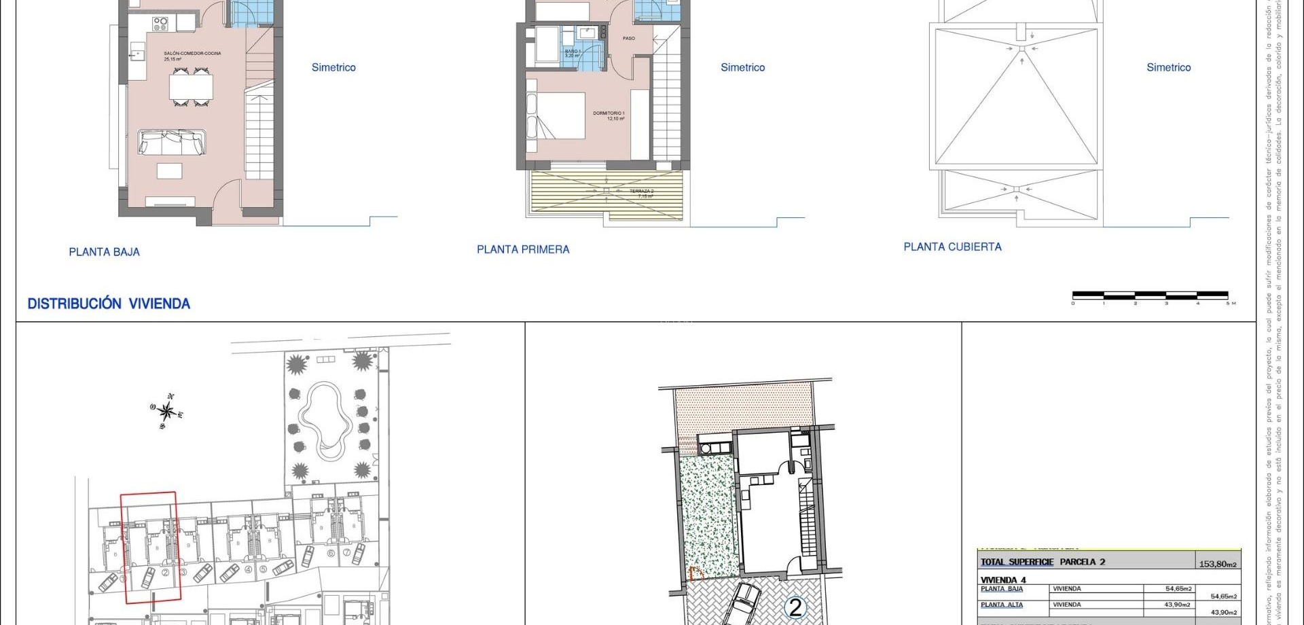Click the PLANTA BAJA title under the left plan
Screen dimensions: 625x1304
(x=104, y=252)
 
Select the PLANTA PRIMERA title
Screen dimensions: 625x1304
(x=523, y=249)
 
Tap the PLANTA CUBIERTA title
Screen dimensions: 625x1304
(x=952, y=247)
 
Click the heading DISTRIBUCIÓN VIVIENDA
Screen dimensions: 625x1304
(x=109, y=304)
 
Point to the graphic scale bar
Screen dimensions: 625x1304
(x=1150, y=296)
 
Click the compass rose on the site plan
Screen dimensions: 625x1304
(x=167, y=412)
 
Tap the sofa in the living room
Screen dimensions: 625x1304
(x=171, y=142)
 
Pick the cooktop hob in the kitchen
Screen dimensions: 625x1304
(x=160, y=24)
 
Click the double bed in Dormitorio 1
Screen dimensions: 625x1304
(x=556, y=115)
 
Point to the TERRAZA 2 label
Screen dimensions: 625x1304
(x=641, y=192)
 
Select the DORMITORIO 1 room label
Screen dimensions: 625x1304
(x=609, y=113)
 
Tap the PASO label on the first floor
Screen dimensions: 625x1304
(x=629, y=38)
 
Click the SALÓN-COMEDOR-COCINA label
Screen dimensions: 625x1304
(x=192, y=53)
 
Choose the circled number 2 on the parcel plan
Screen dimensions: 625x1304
(x=795, y=607)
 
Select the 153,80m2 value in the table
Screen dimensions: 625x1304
(x=1218, y=564)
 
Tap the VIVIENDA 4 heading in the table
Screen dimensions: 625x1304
(x=1003, y=579)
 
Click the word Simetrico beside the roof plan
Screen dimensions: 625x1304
(x=1168, y=67)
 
